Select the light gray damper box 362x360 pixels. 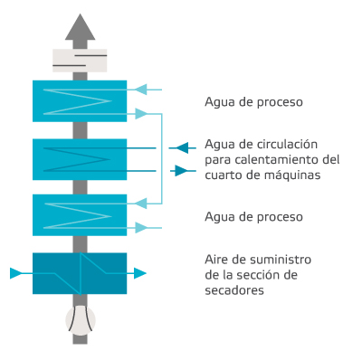pos(80,60)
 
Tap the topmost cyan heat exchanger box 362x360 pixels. pos(80,101)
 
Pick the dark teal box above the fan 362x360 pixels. pos(80,272)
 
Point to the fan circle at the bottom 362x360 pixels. pos(80,318)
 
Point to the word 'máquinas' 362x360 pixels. pos(295,175)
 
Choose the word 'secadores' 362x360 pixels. pos(235,290)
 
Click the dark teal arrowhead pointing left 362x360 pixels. pos(182,147)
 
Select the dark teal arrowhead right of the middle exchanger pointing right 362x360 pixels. pos(182,170)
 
